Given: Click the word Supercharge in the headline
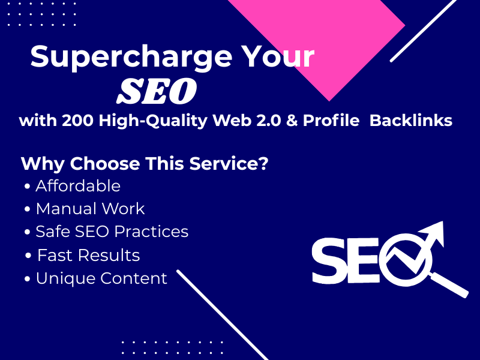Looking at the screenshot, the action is (131, 58).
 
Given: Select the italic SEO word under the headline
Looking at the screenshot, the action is (157, 91).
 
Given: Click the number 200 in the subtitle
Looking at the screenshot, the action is (78, 121).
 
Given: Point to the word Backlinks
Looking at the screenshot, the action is (411, 121).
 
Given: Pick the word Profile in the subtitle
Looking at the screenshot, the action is (331, 121).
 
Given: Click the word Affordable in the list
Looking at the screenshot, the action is (78, 186).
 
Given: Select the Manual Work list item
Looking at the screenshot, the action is (91, 209).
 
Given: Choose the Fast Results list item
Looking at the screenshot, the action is (88, 256).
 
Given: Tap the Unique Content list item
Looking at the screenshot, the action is (101, 278).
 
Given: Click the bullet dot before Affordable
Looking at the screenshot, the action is (27, 186).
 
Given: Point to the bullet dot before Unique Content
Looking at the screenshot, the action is (27, 279).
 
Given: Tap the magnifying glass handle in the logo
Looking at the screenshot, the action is (449, 285).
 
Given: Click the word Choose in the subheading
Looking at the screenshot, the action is (105, 163).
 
